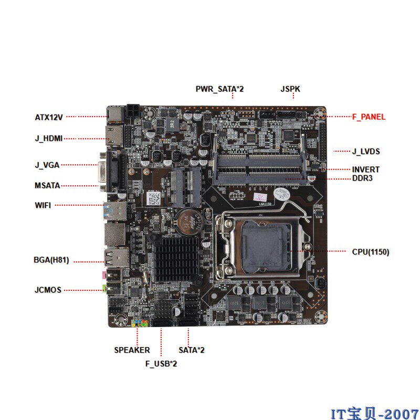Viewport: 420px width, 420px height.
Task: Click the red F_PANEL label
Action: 369,117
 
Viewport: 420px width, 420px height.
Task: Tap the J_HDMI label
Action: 49,139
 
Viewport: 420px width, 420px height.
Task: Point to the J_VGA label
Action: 47,165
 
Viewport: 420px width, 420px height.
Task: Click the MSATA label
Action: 47,185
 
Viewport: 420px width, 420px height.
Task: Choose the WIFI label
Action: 43,205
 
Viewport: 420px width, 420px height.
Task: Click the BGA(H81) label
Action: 51,260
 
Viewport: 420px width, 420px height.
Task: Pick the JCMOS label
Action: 48,290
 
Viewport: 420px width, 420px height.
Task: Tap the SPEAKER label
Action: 132,350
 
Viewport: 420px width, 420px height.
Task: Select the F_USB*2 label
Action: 161,363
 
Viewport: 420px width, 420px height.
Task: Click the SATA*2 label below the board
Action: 192,350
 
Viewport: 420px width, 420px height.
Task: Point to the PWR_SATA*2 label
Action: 219,89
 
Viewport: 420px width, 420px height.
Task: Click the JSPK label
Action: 290,89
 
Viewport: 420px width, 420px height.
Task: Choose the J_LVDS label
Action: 365,152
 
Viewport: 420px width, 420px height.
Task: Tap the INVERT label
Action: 365,170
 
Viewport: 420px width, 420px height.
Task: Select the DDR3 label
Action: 362,178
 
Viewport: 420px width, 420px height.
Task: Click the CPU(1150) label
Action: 371,252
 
